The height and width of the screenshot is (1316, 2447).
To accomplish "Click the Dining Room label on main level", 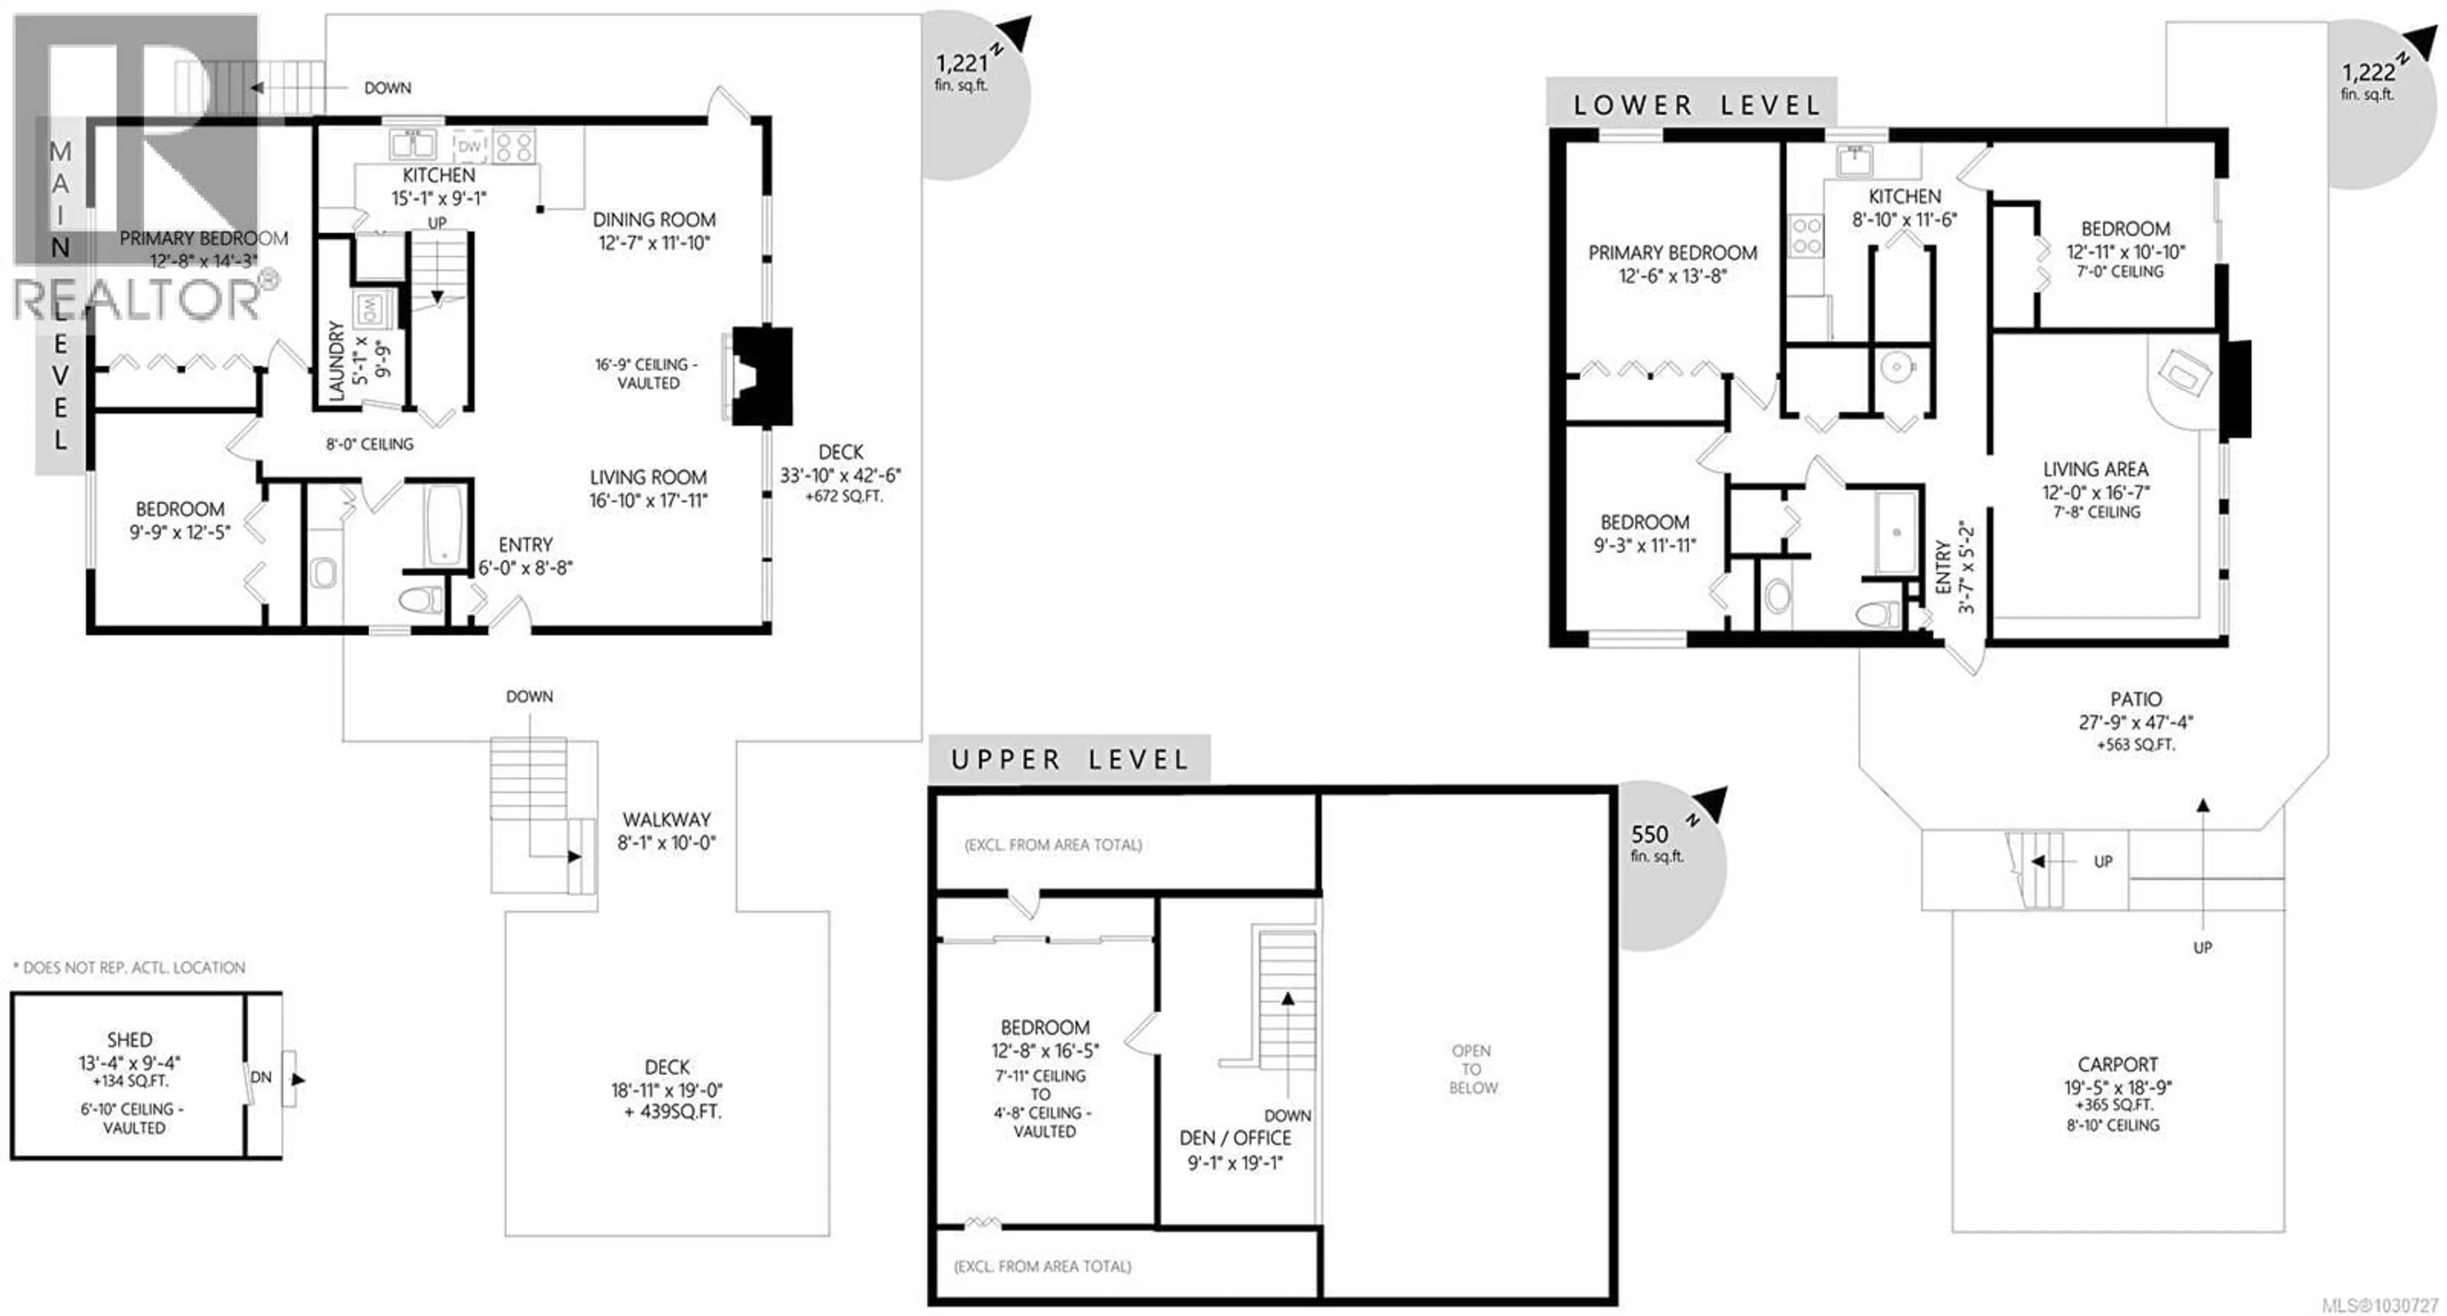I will [x=654, y=219].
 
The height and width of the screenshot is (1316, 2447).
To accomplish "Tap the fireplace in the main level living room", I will [x=760, y=376].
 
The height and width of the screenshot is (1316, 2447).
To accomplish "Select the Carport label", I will [x=2118, y=1064].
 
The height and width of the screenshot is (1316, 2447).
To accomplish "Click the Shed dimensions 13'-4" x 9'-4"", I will [x=129, y=1062].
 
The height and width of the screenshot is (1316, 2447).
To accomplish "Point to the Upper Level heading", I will [x=1070, y=760].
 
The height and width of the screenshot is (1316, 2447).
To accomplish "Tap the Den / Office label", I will [x=1235, y=1137].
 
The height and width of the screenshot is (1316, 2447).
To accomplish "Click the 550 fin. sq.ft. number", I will [x=1649, y=834].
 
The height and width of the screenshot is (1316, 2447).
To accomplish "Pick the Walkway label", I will [x=666, y=819].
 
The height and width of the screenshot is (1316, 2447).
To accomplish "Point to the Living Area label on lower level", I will [x=2095, y=469].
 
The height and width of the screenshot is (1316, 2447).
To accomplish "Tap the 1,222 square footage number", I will [x=2367, y=72].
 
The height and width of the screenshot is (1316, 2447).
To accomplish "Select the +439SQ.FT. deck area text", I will [x=672, y=1112].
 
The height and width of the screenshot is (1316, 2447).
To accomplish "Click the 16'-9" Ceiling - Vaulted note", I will [x=647, y=374].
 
